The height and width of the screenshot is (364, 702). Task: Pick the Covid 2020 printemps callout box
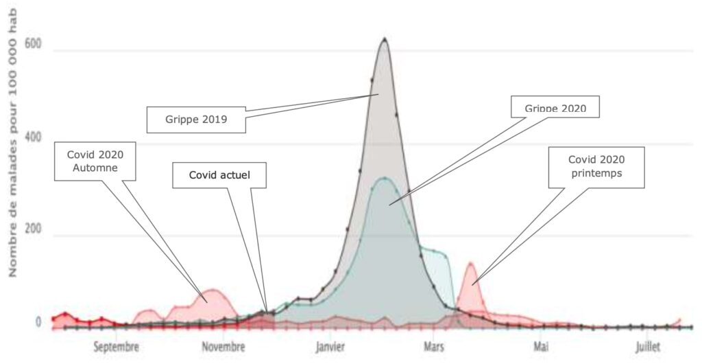tap(596, 166)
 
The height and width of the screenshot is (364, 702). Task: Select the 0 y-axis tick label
tap(38, 321)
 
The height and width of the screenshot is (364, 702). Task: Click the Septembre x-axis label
tap(117, 348)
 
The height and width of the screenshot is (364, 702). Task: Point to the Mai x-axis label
tap(542, 348)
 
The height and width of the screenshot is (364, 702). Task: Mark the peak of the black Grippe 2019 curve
tap(385, 39)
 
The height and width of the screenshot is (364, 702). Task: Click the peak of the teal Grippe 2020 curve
tap(385, 179)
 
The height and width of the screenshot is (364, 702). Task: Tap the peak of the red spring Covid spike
tap(471, 263)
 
